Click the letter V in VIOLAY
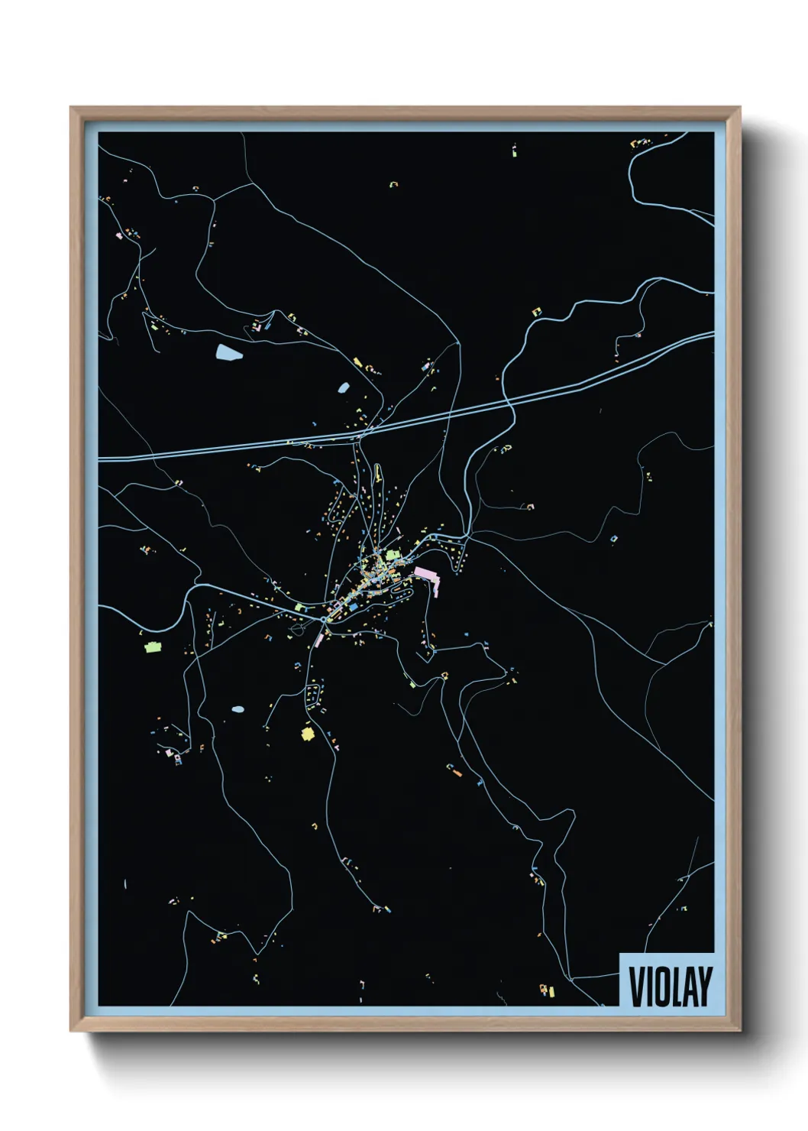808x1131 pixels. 635,986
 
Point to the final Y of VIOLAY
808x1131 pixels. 705,986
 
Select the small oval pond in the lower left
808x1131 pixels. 238,709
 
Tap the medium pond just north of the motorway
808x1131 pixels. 344,387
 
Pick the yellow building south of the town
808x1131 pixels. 308,734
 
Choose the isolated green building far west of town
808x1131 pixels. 153,647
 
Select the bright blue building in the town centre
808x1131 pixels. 354,605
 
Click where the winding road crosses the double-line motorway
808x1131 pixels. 507,399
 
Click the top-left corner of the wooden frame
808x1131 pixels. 72,109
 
